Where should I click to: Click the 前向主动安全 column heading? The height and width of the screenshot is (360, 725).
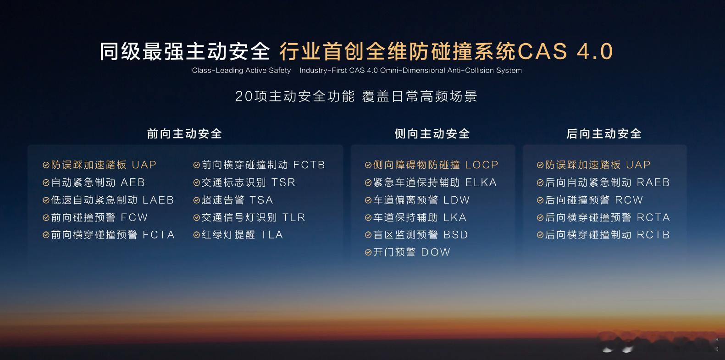[x=184, y=134]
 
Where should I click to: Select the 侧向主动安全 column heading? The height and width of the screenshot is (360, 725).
[x=432, y=134]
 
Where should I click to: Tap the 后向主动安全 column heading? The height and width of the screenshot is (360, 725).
[x=604, y=134]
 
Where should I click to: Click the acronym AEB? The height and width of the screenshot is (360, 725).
[x=133, y=183]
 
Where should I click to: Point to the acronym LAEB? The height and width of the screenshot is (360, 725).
[x=158, y=200]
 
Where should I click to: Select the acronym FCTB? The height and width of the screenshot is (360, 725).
[x=309, y=165]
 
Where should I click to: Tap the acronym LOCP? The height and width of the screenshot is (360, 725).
[x=481, y=165]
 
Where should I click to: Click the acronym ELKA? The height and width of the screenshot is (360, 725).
[x=481, y=183]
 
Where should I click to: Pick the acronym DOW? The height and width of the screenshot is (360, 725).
[x=436, y=252]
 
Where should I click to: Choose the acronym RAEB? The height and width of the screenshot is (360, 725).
[x=653, y=183]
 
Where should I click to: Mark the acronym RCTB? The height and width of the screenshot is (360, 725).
[x=653, y=235]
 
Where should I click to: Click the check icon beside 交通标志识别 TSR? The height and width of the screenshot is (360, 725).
[x=196, y=183]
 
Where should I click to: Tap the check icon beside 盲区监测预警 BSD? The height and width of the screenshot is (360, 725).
[x=368, y=235]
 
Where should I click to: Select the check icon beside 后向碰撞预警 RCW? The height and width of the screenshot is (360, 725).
[x=540, y=200]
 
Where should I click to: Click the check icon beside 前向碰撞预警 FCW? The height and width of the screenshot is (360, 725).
[x=46, y=217]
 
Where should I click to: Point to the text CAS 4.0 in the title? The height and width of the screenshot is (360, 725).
[x=565, y=51]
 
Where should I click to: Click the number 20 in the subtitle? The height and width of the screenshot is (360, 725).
[x=244, y=96]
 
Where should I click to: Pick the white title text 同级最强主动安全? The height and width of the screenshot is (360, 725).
[x=184, y=51]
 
